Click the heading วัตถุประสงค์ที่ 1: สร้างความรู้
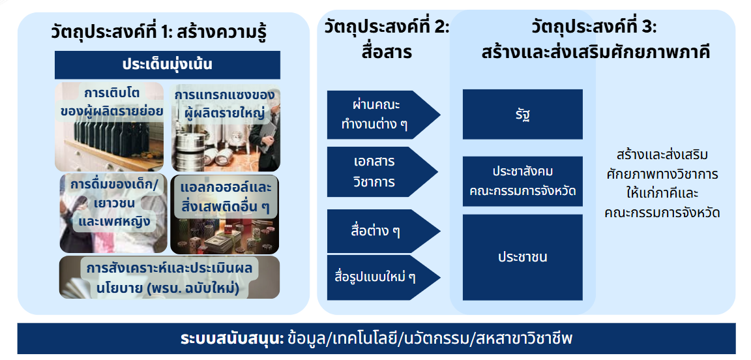pos(158,33)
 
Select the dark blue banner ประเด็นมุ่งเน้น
pos(167,65)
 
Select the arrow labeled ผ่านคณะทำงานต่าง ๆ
pos(383,115)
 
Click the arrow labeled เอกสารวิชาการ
pos(382,172)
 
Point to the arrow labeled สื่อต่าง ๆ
pos(383,231)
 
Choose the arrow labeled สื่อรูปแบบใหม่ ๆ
pos(383,278)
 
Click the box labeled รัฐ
pos(523,114)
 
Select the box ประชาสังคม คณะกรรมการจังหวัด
pos(523,181)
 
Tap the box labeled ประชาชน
pos(523,257)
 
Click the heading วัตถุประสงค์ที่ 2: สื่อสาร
pos(387,40)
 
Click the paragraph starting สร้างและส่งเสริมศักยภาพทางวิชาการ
pos(662,184)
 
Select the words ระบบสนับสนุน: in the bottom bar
pos(233,339)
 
